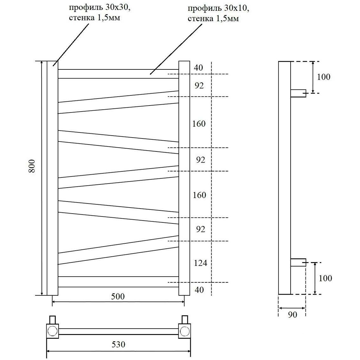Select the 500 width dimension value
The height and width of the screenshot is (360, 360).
pyautogui.click(x=118, y=296)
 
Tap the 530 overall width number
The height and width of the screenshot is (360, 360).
pyautogui.click(x=119, y=344)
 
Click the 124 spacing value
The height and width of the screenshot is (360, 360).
pyautogui.click(x=200, y=263)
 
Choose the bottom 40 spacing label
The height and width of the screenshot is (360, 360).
pyautogui.click(x=199, y=290)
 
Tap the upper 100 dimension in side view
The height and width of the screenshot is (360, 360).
pyautogui.click(x=324, y=77)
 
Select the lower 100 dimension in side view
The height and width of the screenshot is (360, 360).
pyautogui.click(x=325, y=278)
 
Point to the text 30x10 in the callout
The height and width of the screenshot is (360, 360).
pyautogui.click(x=237, y=9)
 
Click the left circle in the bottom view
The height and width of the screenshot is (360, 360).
pyautogui.click(x=52, y=331)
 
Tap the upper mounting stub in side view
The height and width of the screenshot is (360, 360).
pyautogui.click(x=298, y=93)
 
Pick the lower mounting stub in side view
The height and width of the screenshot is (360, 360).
pyautogui.click(x=298, y=262)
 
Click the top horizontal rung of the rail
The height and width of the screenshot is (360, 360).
pyautogui.click(x=118, y=74)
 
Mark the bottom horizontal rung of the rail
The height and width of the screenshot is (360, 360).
pyautogui.click(x=118, y=282)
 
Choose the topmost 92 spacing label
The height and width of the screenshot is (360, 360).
pyautogui.click(x=199, y=86)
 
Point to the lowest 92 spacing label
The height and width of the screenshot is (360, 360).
pyautogui.click(x=200, y=229)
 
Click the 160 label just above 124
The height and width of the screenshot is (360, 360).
pyautogui.click(x=199, y=195)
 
